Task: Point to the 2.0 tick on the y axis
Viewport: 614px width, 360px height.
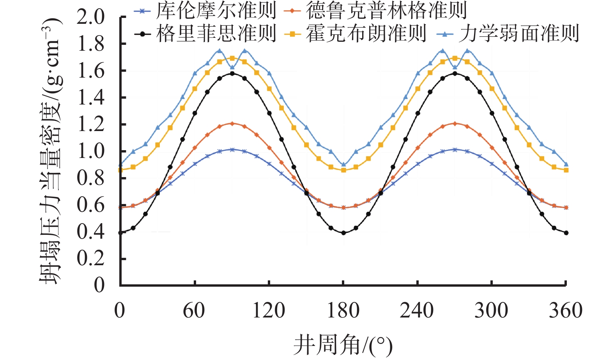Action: [x=91, y=17]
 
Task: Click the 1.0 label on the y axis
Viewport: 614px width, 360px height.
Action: [x=91, y=151]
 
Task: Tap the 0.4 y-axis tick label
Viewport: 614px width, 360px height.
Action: [x=91, y=232]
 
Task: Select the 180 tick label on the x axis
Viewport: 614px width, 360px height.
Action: [x=343, y=311]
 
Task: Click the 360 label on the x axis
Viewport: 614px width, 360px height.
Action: [x=566, y=311]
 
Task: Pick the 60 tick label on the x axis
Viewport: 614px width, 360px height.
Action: [x=194, y=311]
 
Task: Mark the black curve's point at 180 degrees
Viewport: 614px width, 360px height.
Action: [x=343, y=233]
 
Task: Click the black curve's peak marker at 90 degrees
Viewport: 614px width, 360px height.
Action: [x=232, y=73]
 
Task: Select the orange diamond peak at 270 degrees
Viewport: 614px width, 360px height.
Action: [x=455, y=123]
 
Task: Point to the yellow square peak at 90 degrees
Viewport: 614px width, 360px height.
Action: [x=232, y=58]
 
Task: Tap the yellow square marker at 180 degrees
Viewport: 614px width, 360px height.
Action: [x=343, y=170]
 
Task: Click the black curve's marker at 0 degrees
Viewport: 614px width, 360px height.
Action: [x=120, y=233]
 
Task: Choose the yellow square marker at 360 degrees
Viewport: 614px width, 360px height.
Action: [x=566, y=170]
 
